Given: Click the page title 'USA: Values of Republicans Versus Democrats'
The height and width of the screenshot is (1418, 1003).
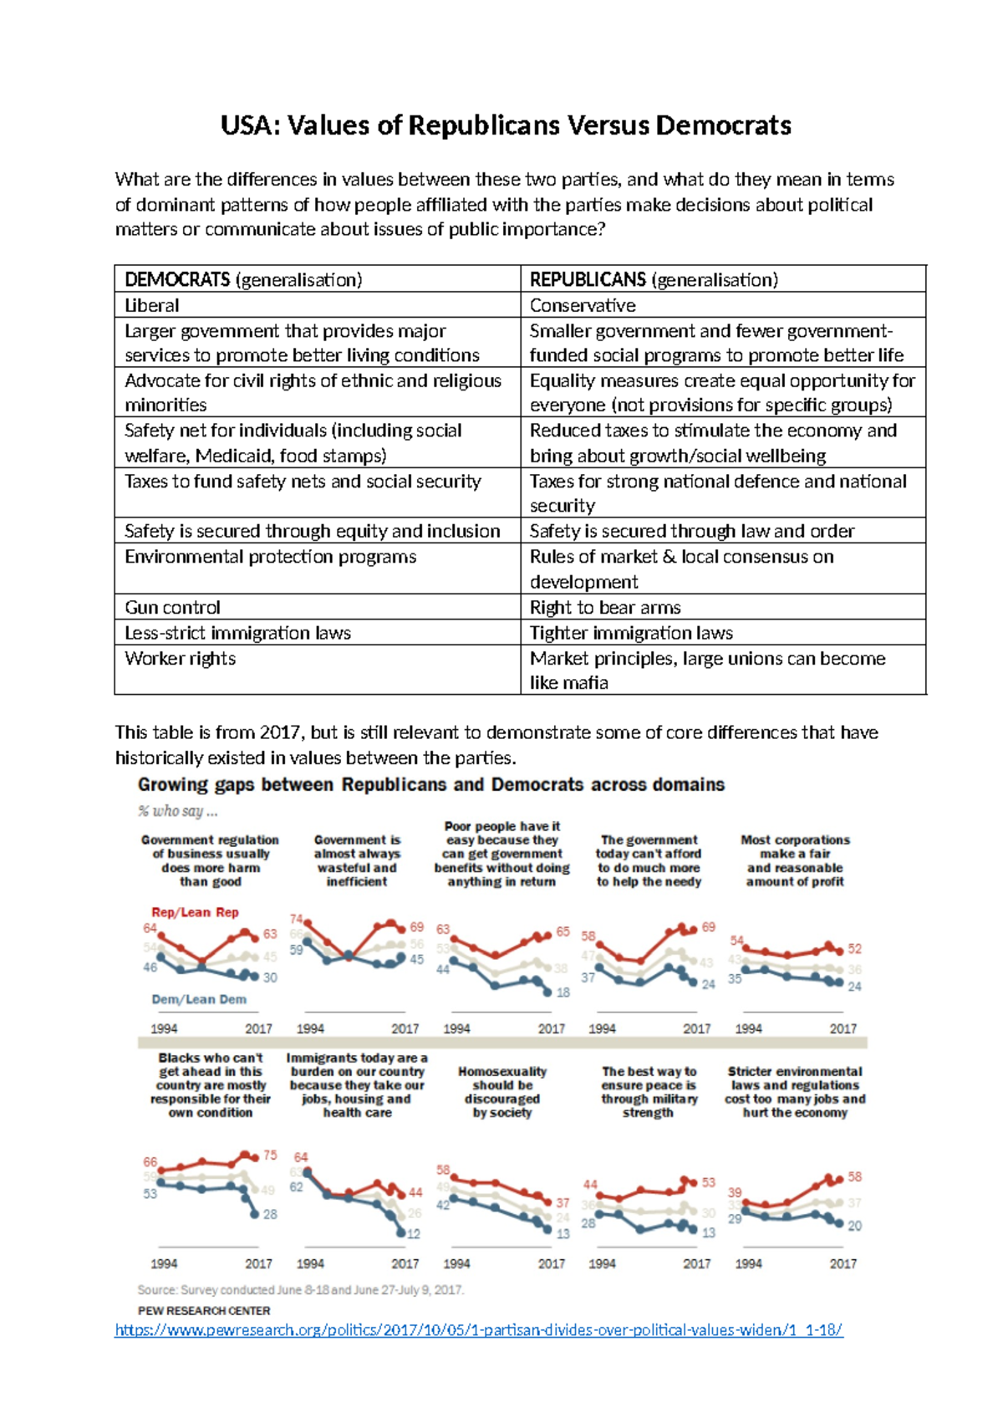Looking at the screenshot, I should (x=506, y=125).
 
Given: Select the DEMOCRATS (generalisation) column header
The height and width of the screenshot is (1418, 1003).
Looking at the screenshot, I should (x=243, y=279).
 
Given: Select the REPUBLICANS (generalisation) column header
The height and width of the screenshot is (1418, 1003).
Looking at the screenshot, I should (x=654, y=279).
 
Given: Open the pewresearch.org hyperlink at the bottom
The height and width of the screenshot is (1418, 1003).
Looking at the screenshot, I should (x=478, y=1329).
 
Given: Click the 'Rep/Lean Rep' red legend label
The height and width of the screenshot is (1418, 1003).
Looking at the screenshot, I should (x=195, y=912).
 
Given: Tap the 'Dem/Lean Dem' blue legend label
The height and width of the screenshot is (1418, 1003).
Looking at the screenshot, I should (x=199, y=999).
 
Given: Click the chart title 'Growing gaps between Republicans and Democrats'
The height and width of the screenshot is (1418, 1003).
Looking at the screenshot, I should (x=431, y=784).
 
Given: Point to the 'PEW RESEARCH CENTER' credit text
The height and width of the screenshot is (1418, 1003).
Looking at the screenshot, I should (x=204, y=1310).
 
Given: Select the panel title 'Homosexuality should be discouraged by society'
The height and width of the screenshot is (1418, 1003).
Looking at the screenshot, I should (x=501, y=1092).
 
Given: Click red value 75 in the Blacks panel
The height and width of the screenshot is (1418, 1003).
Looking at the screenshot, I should (x=270, y=1155).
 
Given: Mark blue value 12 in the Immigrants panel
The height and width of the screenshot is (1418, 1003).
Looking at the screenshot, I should (x=414, y=1233).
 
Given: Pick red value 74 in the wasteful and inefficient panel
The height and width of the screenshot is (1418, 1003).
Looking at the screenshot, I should (x=297, y=919).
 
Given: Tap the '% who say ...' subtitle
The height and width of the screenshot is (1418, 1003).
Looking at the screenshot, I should (x=178, y=811).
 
